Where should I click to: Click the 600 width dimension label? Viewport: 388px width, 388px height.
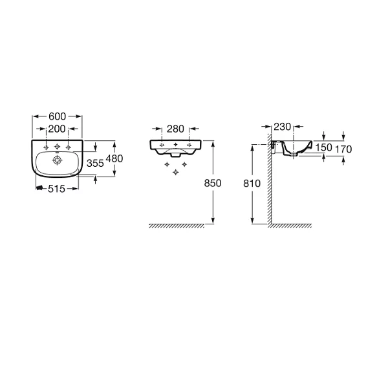click(57, 116)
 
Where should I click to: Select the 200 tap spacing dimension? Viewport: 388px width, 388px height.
click(57, 129)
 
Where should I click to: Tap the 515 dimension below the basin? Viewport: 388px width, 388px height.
click(56, 189)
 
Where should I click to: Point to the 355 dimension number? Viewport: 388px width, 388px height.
click(95, 164)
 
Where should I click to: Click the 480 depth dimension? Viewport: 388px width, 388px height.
click(114, 158)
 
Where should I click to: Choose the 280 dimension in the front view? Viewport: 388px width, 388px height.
click(175, 129)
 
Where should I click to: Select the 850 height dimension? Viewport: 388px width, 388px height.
click(213, 183)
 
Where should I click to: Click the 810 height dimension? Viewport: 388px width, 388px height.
click(252, 184)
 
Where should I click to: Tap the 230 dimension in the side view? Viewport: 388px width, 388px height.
click(283, 127)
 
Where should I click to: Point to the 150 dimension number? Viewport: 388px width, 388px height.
click(324, 147)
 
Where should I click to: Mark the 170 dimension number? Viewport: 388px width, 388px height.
click(343, 149)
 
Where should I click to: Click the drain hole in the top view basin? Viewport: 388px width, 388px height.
click(57, 160)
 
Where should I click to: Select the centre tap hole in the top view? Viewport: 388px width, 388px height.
click(57, 147)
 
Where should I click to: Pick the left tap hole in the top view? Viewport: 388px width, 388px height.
click(46, 147)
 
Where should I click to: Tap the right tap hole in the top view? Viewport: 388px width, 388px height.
click(68, 147)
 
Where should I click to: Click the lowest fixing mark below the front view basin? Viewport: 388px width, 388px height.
click(176, 172)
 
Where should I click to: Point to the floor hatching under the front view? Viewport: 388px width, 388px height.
click(177, 226)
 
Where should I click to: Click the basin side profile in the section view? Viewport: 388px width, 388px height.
click(297, 148)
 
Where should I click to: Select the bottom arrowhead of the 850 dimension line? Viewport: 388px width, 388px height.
click(213, 221)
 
